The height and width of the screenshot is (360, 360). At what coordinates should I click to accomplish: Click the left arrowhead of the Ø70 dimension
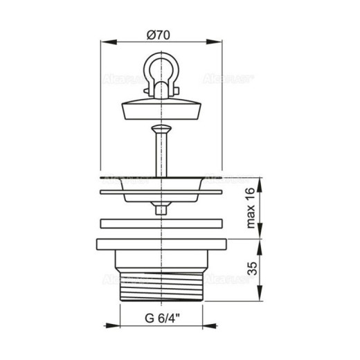pos(105,42)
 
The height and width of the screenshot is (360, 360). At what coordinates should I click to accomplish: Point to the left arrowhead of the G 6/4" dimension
pos(122,325)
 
